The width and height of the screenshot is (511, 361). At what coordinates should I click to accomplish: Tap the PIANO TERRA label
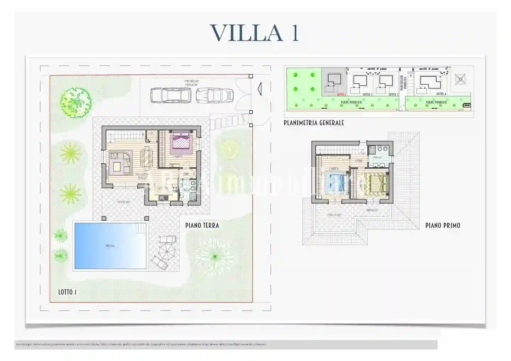pos(202,226)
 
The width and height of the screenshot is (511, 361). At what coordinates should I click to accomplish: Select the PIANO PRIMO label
pos(443,226)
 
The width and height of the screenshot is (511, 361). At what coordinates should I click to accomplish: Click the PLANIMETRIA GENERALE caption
pos(314,123)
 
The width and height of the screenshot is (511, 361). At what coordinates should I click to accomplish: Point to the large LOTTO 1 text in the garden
pos(67,292)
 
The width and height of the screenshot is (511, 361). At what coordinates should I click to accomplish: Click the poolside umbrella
pos(166,252)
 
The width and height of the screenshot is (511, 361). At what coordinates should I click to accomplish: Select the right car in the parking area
pos(215,95)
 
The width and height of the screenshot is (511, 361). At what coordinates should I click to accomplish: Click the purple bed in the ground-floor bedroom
pos(182,142)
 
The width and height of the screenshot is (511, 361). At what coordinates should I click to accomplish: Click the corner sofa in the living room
pos(120,162)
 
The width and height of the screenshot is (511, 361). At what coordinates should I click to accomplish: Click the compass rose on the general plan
pos(460,79)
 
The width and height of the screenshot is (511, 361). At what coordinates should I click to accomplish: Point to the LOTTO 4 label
pos(441,94)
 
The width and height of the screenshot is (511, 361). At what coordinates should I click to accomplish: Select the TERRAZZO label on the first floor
pos(372,210)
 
